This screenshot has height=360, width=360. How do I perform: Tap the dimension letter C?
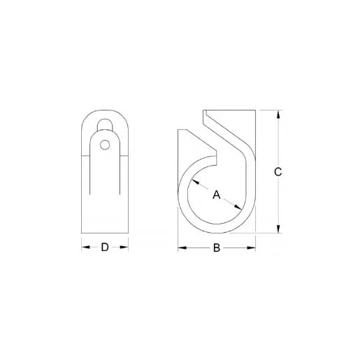[278, 173]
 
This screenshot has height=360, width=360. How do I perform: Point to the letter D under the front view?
[105, 247]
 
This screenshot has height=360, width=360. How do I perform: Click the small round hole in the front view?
[105, 145]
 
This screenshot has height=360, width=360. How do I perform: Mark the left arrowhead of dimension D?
[85, 247]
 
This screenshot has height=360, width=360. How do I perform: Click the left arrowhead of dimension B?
[181, 247]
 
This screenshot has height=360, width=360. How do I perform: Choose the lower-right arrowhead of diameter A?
[240, 207]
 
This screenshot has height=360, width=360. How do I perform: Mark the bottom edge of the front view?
[105, 233]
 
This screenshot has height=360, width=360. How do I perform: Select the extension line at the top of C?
[269, 110]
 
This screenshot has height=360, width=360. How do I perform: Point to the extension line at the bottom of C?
[269, 233]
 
